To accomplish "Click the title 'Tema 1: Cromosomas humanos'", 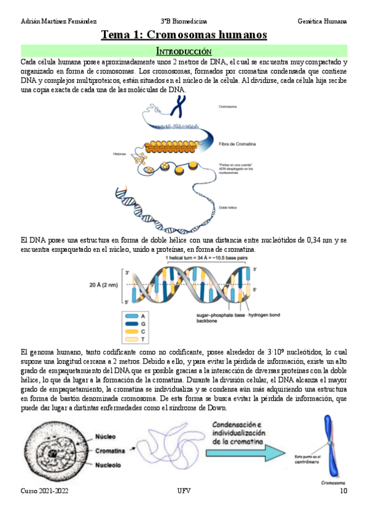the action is [x=184, y=35].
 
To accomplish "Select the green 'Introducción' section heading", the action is [x=184, y=51].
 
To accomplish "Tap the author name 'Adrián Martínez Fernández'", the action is [x=59, y=21].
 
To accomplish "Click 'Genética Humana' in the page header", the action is [x=321, y=21].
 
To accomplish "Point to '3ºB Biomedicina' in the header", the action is [x=184, y=21].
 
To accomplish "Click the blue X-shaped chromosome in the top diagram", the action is [x=179, y=106].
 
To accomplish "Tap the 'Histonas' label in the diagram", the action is [x=120, y=154].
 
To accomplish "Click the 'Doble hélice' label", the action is [x=228, y=208].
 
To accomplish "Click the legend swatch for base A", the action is [x=131, y=315].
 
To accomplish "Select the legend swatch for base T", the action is [x=131, y=339].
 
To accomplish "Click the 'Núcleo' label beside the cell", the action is [x=105, y=437].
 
